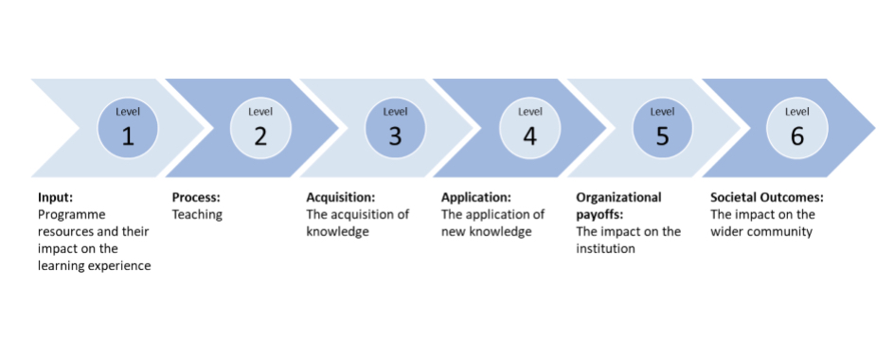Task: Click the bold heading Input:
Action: click(x=55, y=198)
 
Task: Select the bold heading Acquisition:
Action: click(x=341, y=198)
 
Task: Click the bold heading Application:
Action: click(x=476, y=198)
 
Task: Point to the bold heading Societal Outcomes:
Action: click(x=768, y=198)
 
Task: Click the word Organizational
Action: click(x=619, y=198)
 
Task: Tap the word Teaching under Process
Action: click(x=197, y=215)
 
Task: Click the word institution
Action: click(x=607, y=249)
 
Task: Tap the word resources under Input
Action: click(x=66, y=232)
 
